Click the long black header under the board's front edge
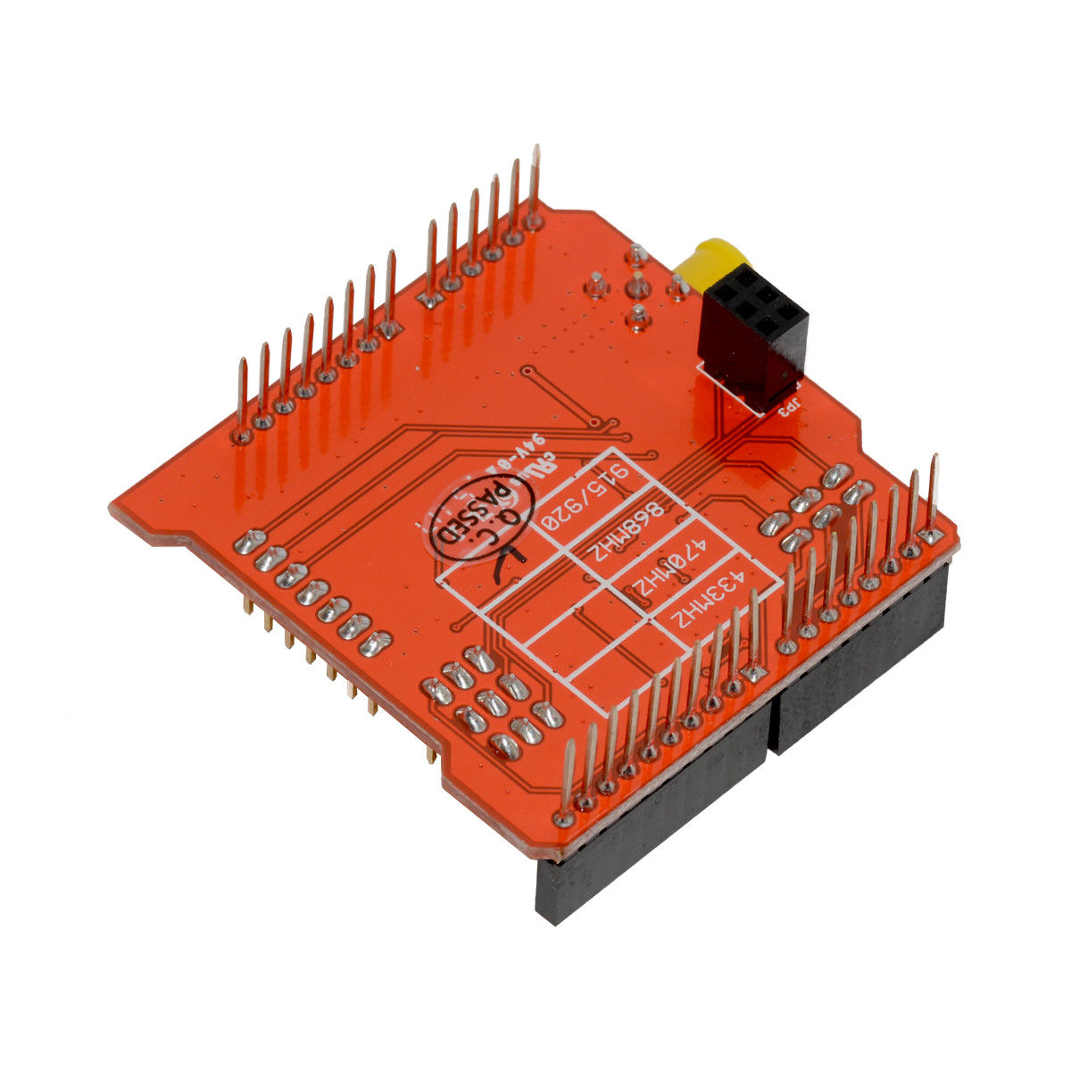click(x=652, y=817)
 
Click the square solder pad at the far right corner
click(x=931, y=535)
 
